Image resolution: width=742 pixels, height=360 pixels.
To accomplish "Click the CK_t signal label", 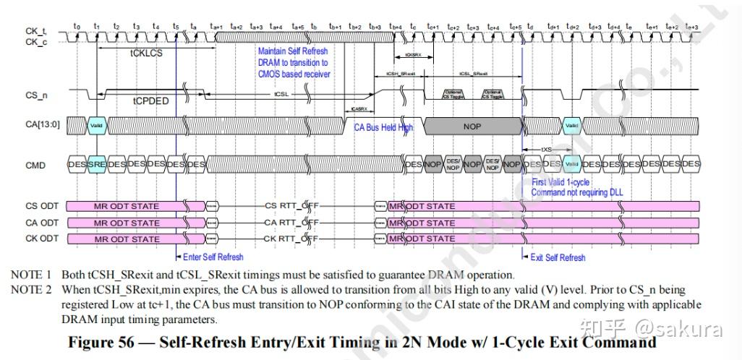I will (35, 32).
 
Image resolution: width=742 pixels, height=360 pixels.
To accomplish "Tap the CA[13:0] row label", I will (43, 126).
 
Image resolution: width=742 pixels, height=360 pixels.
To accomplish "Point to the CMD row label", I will (35, 165).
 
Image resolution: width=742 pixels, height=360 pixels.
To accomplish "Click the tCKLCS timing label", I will (147, 53).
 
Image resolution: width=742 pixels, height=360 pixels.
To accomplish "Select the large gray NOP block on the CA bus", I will (472, 127).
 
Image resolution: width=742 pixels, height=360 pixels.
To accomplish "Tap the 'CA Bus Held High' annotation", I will (383, 127).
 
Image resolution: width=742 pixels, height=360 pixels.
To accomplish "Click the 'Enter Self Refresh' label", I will (212, 257).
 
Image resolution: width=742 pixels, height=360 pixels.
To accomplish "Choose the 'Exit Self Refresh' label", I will (558, 257).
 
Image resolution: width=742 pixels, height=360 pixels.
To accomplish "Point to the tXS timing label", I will (547, 150).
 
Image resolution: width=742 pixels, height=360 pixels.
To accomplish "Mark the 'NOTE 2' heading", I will (31, 290).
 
